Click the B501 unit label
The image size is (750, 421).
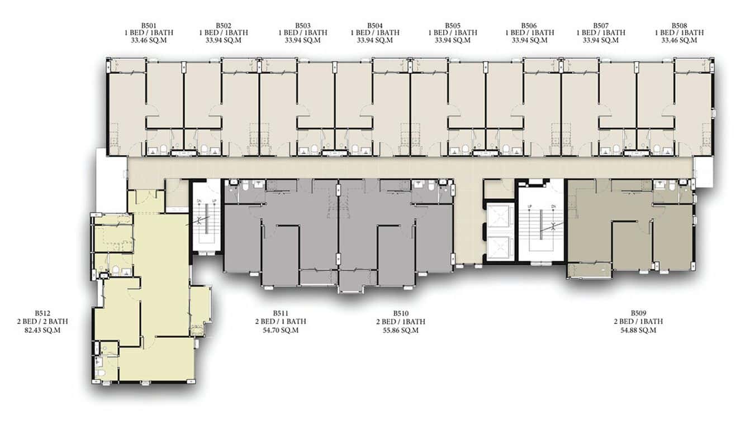click(x=149, y=26)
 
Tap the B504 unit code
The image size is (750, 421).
click(x=374, y=26)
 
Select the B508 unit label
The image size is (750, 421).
click(x=679, y=26)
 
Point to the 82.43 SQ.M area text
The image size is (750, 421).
click(x=42, y=330)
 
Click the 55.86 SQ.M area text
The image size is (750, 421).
click(x=401, y=330)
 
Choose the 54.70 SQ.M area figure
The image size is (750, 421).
click(x=281, y=330)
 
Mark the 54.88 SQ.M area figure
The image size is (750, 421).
click(x=638, y=330)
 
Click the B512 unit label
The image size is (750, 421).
click(x=42, y=313)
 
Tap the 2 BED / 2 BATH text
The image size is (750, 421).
click(x=42, y=322)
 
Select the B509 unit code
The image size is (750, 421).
click(x=638, y=313)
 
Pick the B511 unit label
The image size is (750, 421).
click(x=281, y=313)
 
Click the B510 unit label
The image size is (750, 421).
click(x=401, y=313)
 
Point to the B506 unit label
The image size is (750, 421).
click(x=529, y=26)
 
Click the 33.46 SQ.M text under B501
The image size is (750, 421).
click(x=149, y=40)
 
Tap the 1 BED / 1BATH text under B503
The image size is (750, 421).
click(x=303, y=33)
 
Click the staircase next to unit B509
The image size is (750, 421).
click(x=541, y=226)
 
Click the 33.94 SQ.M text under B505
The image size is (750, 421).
click(x=452, y=40)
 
